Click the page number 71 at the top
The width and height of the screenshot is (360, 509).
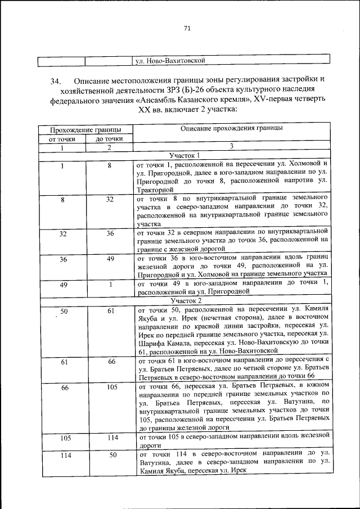pos(187,29)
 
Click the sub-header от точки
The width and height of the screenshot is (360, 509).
pos(62,138)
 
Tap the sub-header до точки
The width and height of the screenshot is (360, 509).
pos(109,138)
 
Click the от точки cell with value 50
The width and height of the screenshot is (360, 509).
pos(63,311)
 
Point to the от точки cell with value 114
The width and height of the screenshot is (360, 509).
pos(63,455)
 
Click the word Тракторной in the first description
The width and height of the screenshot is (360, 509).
pos(156,191)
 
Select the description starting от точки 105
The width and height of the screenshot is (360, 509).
pos(231,439)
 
